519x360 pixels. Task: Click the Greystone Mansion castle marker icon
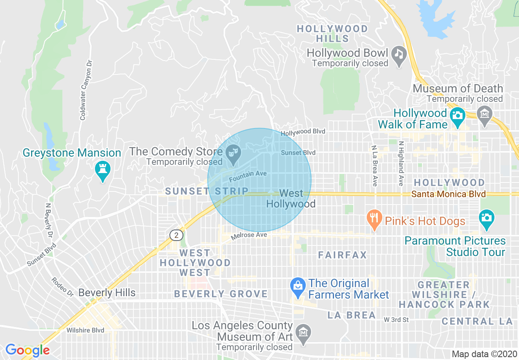(x=102, y=169)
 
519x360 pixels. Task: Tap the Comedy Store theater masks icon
(x=234, y=154)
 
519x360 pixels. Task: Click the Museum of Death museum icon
(x=485, y=113)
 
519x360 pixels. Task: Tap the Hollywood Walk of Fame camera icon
(x=457, y=115)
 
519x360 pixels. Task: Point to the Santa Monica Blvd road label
(x=449, y=194)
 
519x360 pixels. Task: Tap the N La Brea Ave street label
(x=374, y=165)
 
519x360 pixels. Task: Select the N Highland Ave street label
(x=401, y=163)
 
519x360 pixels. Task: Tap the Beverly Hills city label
(x=107, y=293)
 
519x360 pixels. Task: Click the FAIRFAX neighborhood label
(x=343, y=255)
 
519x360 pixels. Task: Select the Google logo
(x=27, y=350)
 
